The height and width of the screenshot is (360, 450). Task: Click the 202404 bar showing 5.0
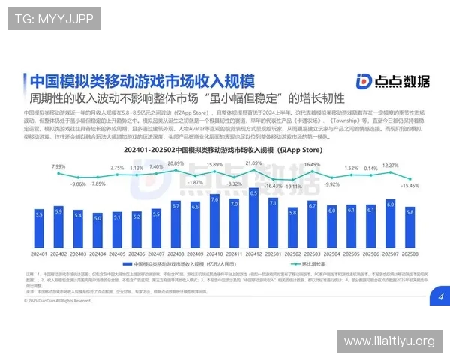coord(97,230)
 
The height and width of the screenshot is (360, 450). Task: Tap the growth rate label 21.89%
coord(253,163)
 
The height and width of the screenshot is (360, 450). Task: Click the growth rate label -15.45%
coord(410,185)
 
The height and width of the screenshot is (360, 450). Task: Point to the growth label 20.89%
coord(175,163)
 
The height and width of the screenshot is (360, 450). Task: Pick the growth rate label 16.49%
coord(312,164)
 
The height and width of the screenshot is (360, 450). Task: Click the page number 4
coord(441,297)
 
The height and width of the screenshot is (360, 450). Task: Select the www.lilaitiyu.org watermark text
coord(388,341)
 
